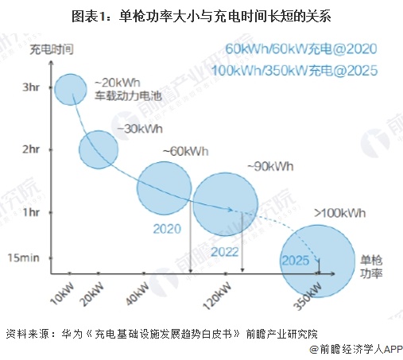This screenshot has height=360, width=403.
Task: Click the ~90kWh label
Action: coord(268,166)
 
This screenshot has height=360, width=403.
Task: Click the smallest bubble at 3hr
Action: coord(72,93)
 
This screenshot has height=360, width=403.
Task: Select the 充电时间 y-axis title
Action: coord(52,49)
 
